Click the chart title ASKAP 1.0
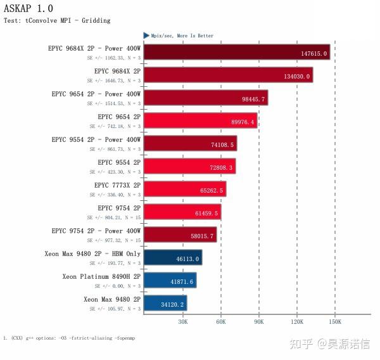28,8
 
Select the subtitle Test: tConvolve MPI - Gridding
57,21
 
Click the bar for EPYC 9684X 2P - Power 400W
236,53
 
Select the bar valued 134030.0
228,76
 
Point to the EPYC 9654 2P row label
119,117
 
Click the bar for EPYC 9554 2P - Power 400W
190,145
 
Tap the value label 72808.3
222,167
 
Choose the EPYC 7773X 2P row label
117,185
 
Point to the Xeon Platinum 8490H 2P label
101,276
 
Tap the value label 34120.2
172,304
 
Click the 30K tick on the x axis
182,322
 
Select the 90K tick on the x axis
258,322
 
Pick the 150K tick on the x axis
334,322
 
